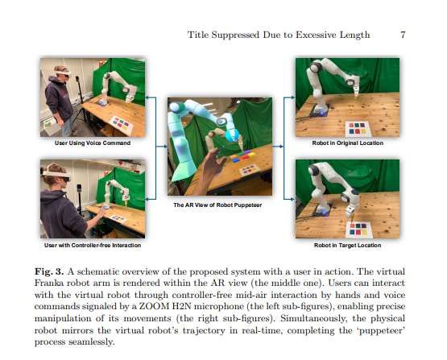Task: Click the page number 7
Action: click(403, 35)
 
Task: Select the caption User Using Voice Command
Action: click(93, 143)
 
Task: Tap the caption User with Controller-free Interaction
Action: click(93, 245)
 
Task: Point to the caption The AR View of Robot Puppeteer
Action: click(217, 205)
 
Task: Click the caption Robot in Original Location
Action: click(347, 143)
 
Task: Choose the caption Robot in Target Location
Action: click(347, 245)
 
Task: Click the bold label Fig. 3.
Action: click(49, 271)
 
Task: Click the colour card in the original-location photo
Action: click(358, 129)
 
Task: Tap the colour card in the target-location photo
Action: click(359, 230)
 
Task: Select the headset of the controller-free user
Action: click(56, 175)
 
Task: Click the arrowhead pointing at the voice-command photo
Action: click(147, 97)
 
